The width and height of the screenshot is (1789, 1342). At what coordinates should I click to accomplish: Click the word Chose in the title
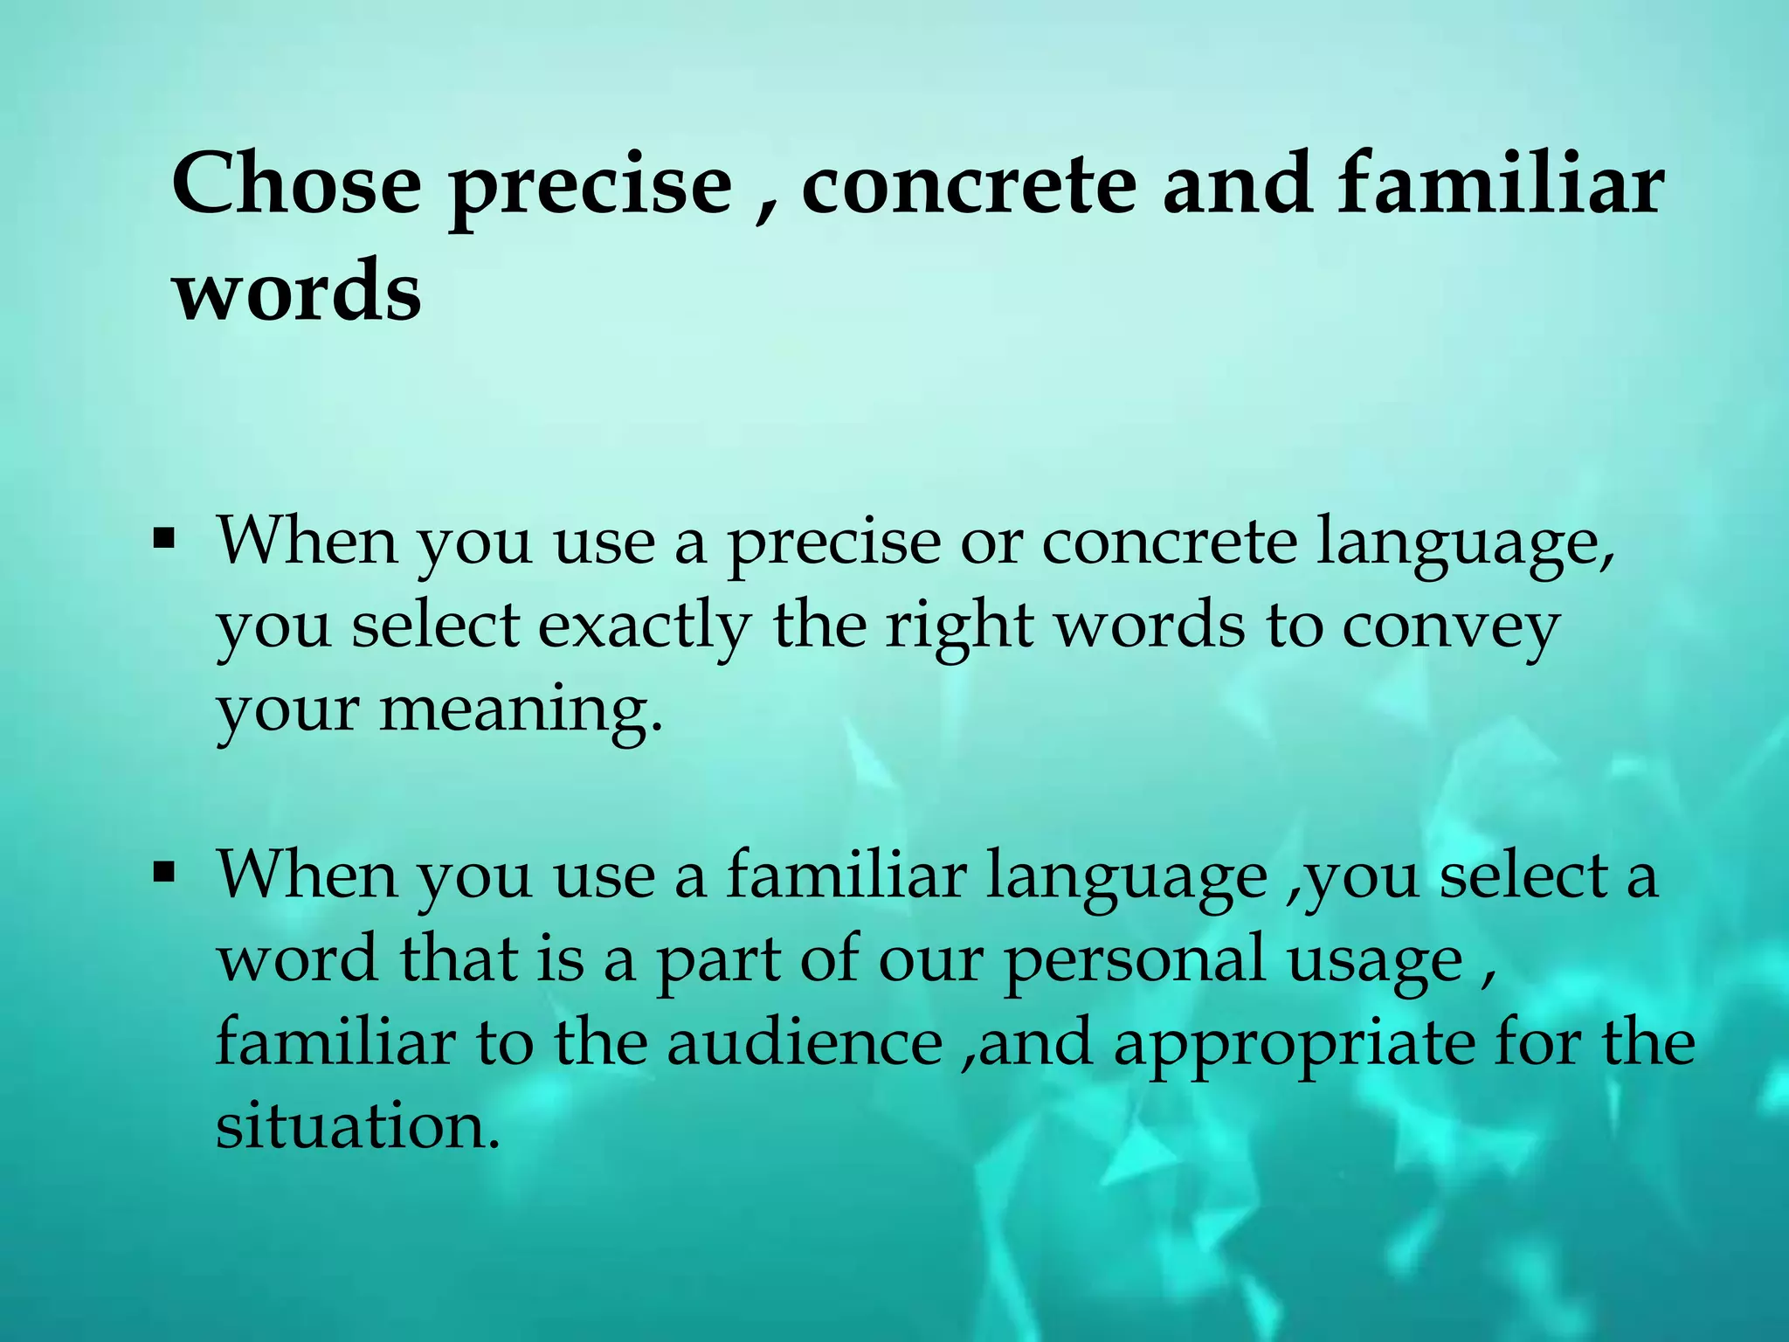pos(296,184)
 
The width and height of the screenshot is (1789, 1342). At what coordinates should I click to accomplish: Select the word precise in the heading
pos(591,188)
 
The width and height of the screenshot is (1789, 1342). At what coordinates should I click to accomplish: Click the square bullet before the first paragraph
pos(163,537)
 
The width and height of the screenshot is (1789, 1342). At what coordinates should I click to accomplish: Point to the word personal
pos(1134,959)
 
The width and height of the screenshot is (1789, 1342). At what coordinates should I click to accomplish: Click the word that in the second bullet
pos(459,959)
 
